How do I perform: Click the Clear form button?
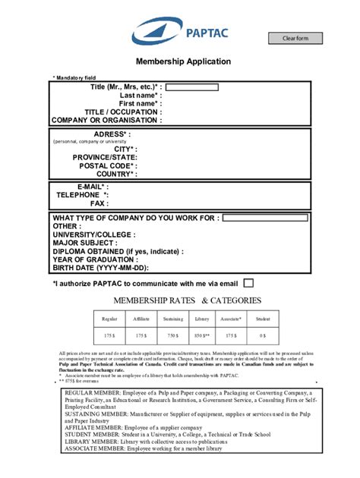pyautogui.click(x=295, y=39)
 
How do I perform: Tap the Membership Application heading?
pyautogui.click(x=183, y=61)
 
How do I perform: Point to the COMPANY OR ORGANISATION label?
pyautogui.click(x=106, y=120)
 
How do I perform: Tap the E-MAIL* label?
pyautogui.click(x=93, y=186)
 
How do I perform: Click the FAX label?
pyautogui.click(x=99, y=203)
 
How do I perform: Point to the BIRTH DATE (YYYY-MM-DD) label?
pyautogui.click(x=101, y=268)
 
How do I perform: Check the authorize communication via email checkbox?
pyautogui.click(x=248, y=283)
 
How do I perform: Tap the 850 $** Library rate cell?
pyautogui.click(x=202, y=334)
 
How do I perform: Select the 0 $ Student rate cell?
pyautogui.click(x=263, y=334)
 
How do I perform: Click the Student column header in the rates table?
pyautogui.click(x=263, y=319)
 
